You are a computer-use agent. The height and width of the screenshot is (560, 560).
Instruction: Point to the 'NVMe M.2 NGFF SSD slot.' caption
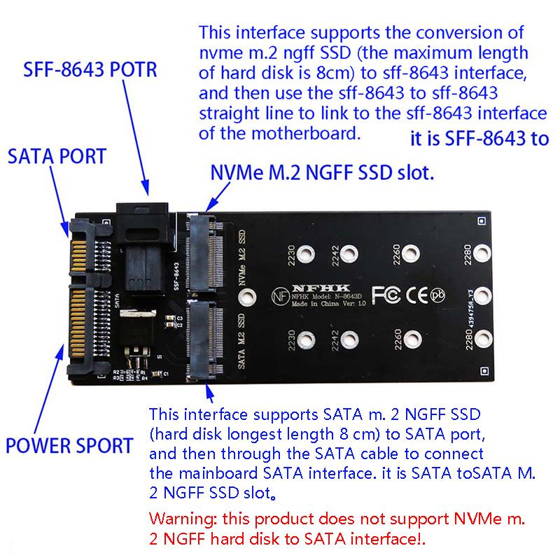point(322,172)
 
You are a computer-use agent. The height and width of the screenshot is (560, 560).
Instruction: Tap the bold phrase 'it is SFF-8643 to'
point(479,139)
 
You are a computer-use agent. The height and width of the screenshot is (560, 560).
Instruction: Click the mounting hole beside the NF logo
point(245,297)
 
